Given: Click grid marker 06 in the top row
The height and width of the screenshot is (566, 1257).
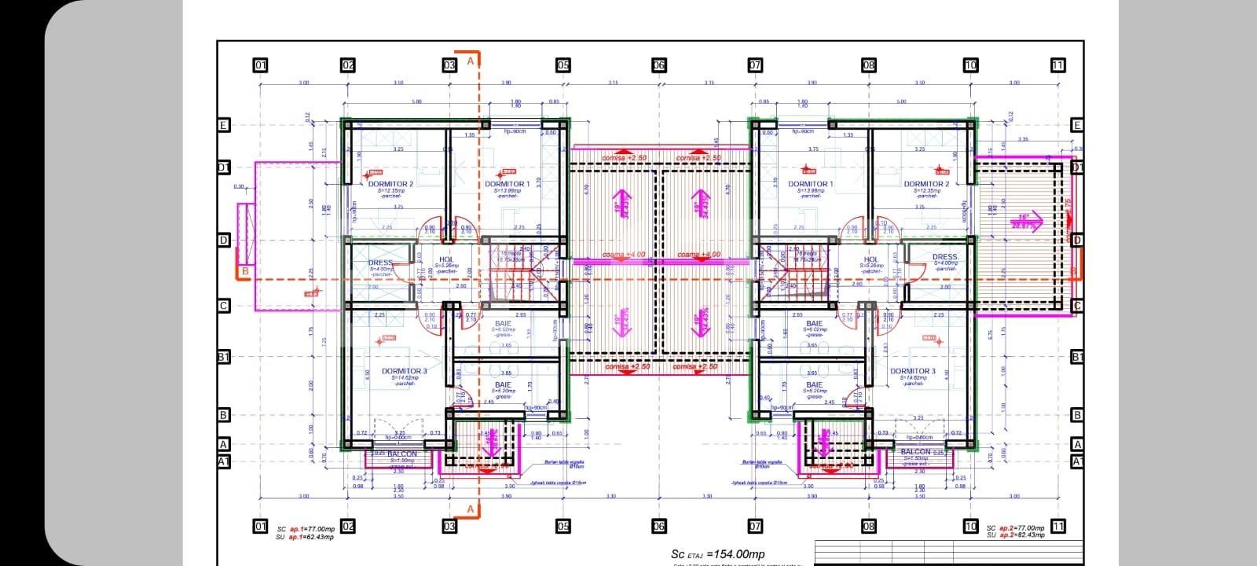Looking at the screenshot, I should pos(658,65).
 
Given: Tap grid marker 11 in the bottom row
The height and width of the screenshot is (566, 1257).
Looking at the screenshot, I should pos(1058,526).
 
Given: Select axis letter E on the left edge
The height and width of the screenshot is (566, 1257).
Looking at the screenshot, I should pos(223,125).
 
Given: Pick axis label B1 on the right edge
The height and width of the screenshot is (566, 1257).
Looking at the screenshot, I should pos(1077,357).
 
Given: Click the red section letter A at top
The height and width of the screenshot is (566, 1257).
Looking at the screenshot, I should pos(471,60).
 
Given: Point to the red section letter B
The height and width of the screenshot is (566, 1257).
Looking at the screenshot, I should pos(244,272).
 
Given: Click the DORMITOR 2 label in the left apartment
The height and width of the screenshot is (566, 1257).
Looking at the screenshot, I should pos(390,184).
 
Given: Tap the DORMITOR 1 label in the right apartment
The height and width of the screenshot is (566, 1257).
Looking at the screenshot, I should pos(809,184).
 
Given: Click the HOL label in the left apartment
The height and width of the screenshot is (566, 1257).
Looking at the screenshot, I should pos(446,259).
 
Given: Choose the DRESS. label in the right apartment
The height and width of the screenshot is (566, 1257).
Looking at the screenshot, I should pos(945,257).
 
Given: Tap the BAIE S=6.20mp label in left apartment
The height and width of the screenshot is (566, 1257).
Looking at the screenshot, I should pos(503,386).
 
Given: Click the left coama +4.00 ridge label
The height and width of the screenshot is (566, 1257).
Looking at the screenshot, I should pos(623,255).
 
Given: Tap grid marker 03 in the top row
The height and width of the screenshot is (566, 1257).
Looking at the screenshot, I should pos(449,65).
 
